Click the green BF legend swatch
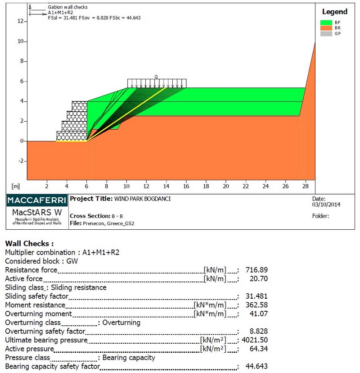tap(326, 23)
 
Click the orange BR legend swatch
tap(326, 28)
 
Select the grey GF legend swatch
tap(326, 33)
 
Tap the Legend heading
tap(334, 12)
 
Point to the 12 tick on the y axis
tap(20, 21)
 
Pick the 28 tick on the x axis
tap(306, 186)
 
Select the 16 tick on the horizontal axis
tap(186, 186)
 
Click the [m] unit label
tap(16, 186)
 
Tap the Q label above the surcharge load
tap(156, 77)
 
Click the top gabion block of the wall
tap(79, 106)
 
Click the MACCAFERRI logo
tap(37, 200)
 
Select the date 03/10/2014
tap(326, 205)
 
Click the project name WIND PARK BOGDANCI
tap(142, 199)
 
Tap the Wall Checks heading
tap(29, 244)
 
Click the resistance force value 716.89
tap(256, 270)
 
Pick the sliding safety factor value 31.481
tap(256, 296)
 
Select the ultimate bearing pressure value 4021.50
tap(255, 340)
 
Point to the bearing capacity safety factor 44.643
tap(256, 366)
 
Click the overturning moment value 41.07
tap(259, 314)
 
